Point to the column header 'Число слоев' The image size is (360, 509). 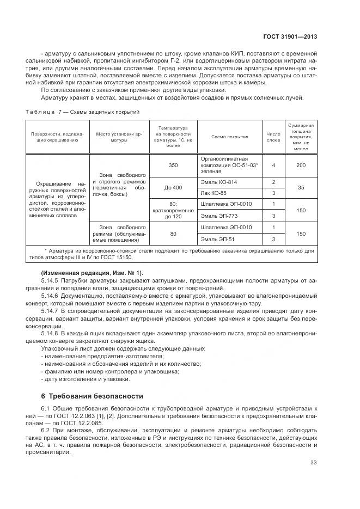(273, 137)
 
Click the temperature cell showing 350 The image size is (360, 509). (173, 165)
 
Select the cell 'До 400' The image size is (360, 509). (173, 187)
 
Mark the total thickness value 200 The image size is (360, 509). (301, 165)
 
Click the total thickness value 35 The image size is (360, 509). (301, 187)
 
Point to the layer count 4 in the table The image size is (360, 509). (273, 165)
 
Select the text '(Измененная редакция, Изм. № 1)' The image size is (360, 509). (91, 273)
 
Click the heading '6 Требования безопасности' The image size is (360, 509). (92, 396)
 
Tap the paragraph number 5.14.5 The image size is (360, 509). (50, 280)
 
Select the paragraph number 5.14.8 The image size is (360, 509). (50, 332)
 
